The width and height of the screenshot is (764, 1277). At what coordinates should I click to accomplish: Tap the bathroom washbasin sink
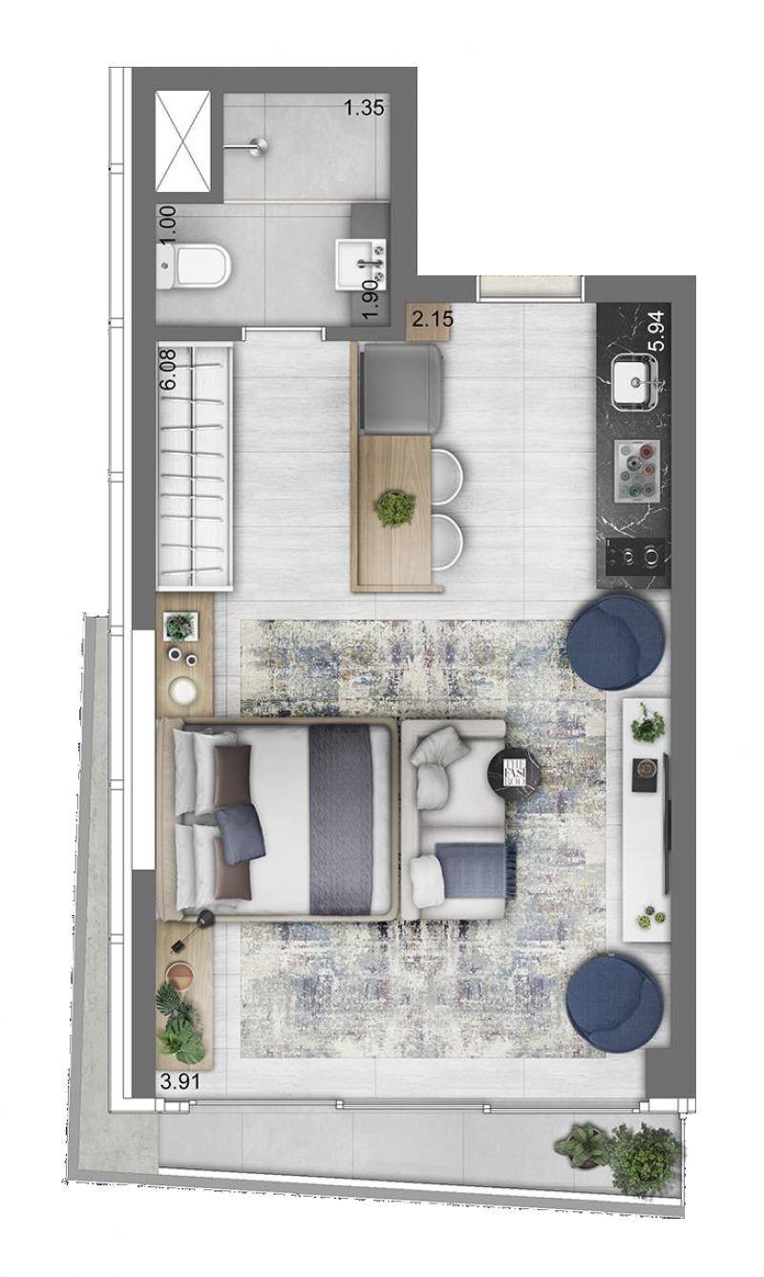(x=360, y=264)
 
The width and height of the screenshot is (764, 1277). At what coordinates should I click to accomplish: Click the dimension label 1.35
(x=364, y=108)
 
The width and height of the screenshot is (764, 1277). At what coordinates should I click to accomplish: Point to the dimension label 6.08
(x=169, y=369)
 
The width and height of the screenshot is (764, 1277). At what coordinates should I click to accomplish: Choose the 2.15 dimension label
(x=433, y=319)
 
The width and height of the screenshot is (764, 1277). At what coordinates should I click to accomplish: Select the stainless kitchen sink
(x=634, y=381)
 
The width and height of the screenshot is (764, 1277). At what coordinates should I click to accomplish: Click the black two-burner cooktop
(x=635, y=556)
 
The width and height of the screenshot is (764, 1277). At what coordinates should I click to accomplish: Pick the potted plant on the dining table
(x=394, y=507)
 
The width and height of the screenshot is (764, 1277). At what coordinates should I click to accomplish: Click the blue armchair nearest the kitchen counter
(x=617, y=642)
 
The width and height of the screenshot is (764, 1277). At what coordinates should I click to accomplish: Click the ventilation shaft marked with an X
(x=183, y=141)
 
